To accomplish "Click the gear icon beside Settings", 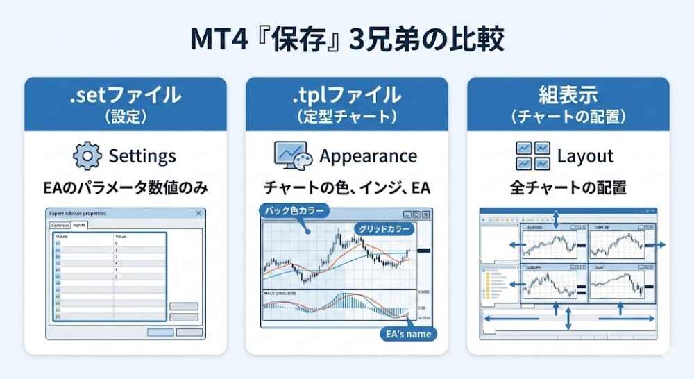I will [x=87, y=155].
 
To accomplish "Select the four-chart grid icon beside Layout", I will [x=533, y=155].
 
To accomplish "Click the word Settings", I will [x=142, y=155].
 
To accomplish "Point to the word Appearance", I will [x=368, y=155].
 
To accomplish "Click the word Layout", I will [x=586, y=155].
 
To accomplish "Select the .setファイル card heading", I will [x=125, y=95].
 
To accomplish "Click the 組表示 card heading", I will [x=568, y=95].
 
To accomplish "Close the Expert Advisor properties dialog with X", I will [x=198, y=214].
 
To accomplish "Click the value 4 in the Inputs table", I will [x=117, y=263].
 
